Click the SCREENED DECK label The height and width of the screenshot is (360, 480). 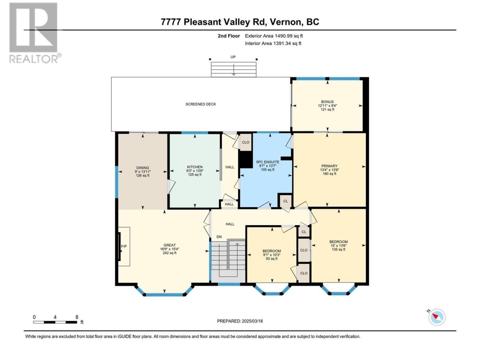[x=201, y=104]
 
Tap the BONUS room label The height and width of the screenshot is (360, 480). [x=327, y=102]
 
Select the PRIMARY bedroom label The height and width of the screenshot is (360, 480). [x=329, y=166]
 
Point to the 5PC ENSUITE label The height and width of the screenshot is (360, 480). [x=267, y=162]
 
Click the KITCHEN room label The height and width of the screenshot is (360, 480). [x=195, y=167]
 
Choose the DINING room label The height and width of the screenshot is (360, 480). [x=142, y=168]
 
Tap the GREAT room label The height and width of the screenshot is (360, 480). [x=169, y=245]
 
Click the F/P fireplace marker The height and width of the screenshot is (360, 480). [x=124, y=246]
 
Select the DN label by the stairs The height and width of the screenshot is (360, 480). [x=219, y=237]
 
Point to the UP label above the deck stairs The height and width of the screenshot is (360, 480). [x=233, y=57]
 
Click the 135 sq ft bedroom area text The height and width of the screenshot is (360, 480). [x=339, y=249]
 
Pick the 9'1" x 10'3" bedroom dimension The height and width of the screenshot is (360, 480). [x=271, y=255]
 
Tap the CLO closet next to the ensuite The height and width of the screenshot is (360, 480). [x=246, y=142]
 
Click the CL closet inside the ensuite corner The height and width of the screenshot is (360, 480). [x=286, y=201]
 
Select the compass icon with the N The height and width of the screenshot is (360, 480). [x=436, y=317]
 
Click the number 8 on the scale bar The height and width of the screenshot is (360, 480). [x=77, y=317]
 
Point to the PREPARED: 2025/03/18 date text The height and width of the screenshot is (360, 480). [x=240, y=321]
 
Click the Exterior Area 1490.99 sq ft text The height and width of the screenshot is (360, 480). [x=274, y=36]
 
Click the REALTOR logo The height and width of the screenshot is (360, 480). [x=34, y=33]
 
